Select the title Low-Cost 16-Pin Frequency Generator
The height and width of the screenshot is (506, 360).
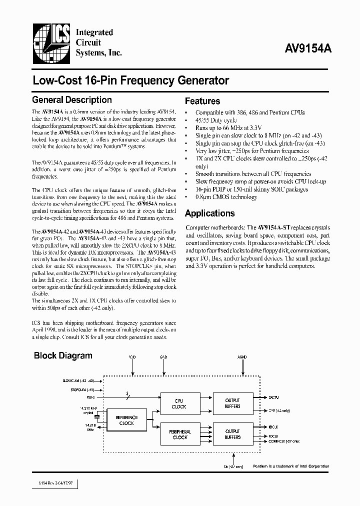tap(130, 80)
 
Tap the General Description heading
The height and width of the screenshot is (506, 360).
tap(71, 100)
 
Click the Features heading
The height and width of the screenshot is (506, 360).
tap(202, 101)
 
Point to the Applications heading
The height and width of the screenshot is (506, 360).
tap(209, 213)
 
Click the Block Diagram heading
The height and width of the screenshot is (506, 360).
tap(63, 356)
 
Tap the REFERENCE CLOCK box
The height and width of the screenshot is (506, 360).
tap(126, 420)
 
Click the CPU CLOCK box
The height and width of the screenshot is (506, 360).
tap(178, 403)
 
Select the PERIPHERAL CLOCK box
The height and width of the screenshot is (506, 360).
tap(179, 434)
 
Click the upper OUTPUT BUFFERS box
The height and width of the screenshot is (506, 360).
tap(232, 403)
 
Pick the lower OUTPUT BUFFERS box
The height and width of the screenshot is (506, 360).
tap(232, 434)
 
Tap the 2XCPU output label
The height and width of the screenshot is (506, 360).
tap(273, 396)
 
